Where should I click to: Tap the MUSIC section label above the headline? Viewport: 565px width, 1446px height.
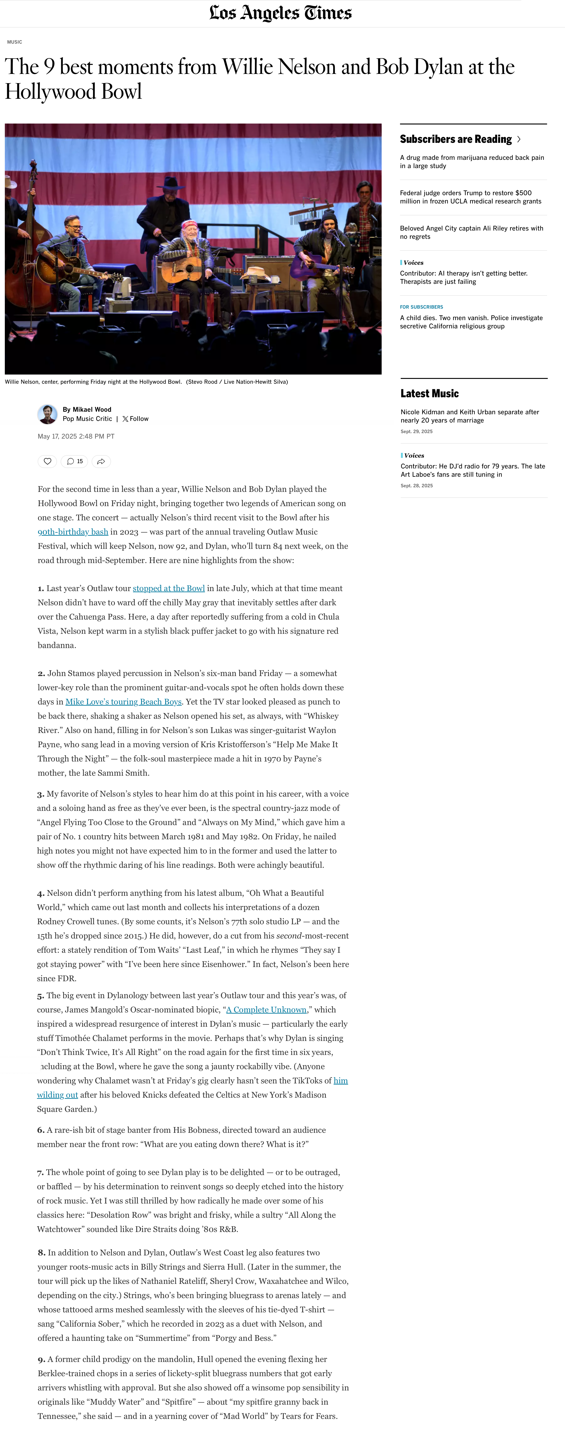(15, 42)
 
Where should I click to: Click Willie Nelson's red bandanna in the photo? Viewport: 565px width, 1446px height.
(189, 225)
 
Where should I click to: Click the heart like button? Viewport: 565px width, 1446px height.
(47, 461)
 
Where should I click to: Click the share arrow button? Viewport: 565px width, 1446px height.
(101, 461)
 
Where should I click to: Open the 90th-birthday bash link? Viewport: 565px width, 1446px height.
(73, 532)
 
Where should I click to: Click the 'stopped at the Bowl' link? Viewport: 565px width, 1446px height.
(168, 588)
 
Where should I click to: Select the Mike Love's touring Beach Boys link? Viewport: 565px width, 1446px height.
(124, 702)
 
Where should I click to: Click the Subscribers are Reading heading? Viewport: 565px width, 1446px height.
(456, 139)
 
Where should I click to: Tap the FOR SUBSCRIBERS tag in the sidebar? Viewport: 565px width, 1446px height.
(421, 307)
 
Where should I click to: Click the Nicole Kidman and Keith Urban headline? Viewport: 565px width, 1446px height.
(469, 416)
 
